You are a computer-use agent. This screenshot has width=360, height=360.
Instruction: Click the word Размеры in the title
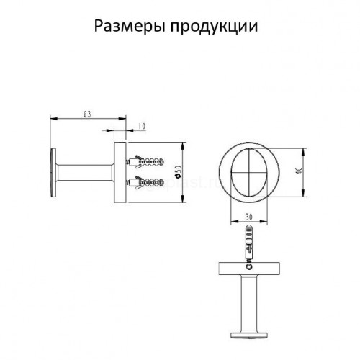pos(130,27)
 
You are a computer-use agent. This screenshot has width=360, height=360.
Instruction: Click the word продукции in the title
pos(214,27)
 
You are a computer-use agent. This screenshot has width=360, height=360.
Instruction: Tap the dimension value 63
pos(87,114)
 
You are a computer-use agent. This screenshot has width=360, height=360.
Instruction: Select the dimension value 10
pos(142,126)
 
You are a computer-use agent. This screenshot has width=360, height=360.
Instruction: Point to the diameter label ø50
pos(179,172)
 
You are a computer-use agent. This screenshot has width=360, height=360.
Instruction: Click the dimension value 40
pos(300,171)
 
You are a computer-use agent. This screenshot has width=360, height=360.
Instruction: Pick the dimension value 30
pos(249,217)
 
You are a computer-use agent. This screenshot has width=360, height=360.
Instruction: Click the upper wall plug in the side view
pos(145,161)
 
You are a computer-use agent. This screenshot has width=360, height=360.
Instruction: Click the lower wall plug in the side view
pos(145,183)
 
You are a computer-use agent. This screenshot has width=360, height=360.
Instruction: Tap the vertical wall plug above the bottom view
pos(249,243)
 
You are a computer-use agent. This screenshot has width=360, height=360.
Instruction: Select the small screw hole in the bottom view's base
pos(249,266)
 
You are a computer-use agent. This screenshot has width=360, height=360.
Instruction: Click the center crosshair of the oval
pos(249,172)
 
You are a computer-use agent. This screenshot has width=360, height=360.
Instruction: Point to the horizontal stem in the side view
pos(85,173)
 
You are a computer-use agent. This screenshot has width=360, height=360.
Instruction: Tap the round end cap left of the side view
pos(53,173)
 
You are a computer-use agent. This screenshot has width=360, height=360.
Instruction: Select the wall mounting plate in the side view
pos(120,173)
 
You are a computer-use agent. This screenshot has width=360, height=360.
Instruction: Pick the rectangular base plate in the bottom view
pos(249,269)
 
